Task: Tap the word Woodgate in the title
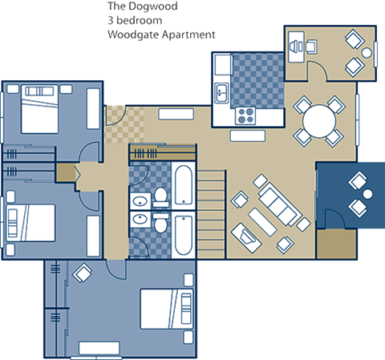coord(132,36)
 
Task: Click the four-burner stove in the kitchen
coord(244,115)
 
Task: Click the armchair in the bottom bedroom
coord(82,274)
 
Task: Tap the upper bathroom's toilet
coord(160,195)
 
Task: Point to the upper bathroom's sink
coord(140,199)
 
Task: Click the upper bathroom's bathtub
coord(183,184)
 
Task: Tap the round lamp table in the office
coord(368,54)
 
